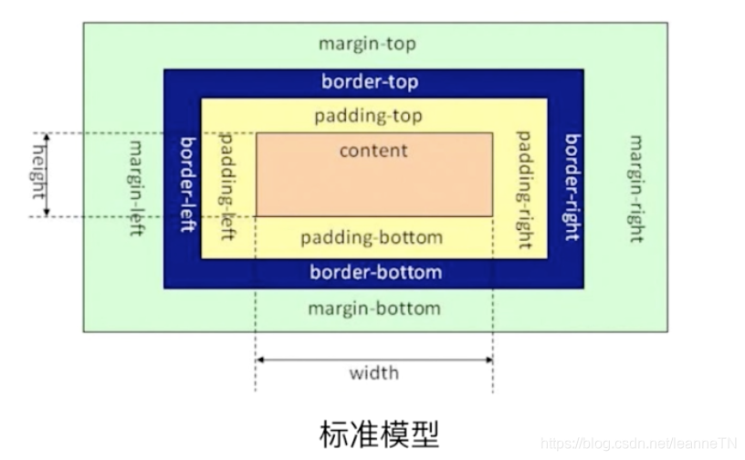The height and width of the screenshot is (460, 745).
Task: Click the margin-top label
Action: tap(366, 44)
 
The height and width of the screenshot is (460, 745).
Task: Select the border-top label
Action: tap(370, 82)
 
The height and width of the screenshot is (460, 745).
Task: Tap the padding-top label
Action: tap(368, 117)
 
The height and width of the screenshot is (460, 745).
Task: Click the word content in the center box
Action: tap(373, 150)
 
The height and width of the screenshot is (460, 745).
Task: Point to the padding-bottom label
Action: tap(372, 237)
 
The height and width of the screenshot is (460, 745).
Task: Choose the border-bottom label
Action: tap(375, 272)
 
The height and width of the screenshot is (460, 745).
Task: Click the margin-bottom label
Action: tap(373, 308)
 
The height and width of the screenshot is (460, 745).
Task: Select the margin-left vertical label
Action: tap(137, 187)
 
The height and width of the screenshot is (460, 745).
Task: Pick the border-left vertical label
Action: tap(187, 184)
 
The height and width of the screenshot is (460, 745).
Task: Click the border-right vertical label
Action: tap(572, 186)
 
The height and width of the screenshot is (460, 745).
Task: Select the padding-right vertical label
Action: tap(524, 189)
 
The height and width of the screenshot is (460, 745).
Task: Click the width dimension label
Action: tap(373, 372)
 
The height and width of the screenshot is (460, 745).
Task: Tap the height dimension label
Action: tap(39, 173)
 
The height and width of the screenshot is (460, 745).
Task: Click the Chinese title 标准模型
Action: tap(373, 431)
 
